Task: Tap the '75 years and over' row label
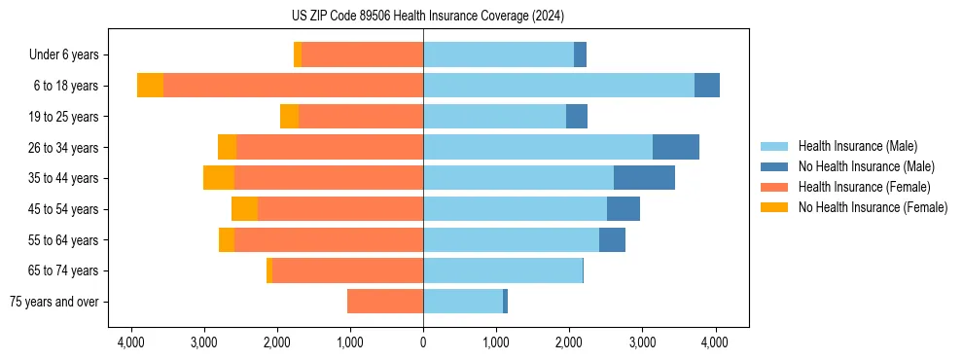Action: point(54,302)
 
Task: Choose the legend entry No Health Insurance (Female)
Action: point(873,207)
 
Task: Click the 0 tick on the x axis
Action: point(423,342)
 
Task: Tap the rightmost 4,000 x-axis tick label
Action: point(715,342)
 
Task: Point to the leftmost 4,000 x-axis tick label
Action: point(130,342)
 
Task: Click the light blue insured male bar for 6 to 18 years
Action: point(558,86)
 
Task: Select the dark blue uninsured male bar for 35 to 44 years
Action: point(644,178)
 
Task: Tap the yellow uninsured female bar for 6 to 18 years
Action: point(150,86)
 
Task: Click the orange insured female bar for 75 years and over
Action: point(385,302)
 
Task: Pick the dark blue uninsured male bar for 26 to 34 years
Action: point(675,147)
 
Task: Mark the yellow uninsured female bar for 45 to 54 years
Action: point(244,209)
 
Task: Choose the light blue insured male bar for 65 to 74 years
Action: point(502,270)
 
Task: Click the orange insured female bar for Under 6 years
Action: point(362,55)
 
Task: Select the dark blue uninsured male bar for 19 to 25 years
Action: point(577,117)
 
